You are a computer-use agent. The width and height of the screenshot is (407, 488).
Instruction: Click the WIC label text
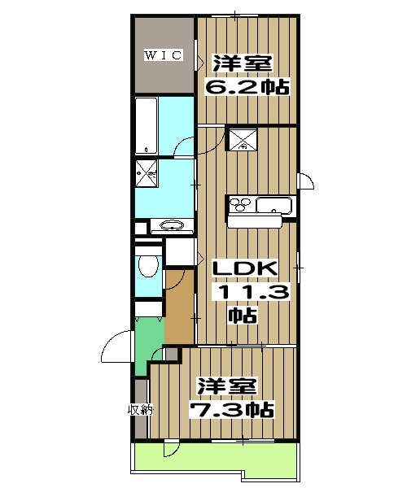pyautogui.click(x=163, y=55)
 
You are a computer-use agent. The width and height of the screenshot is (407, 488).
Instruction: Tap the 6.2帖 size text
pyautogui.click(x=247, y=87)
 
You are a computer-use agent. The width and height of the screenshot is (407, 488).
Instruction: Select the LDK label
pyautogui.click(x=245, y=268)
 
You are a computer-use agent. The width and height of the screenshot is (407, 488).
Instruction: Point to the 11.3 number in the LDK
pyautogui.click(x=251, y=292)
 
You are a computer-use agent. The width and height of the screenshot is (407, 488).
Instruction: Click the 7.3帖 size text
pyautogui.click(x=232, y=410)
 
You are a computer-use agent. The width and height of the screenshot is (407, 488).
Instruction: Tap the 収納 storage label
pyautogui.click(x=141, y=410)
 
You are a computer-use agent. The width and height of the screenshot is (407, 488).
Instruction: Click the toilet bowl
pyautogui.click(x=148, y=265)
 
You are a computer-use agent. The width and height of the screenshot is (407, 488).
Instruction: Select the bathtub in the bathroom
pyautogui.click(x=147, y=125)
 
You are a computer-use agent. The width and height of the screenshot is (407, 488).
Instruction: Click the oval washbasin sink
pyautogui.click(x=171, y=225)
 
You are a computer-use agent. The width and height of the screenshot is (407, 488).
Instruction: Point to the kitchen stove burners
pyautogui.click(x=240, y=204)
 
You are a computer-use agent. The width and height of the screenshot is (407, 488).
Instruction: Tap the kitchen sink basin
pyautogui.click(x=274, y=206)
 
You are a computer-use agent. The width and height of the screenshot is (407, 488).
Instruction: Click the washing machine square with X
pyautogui.click(x=147, y=174)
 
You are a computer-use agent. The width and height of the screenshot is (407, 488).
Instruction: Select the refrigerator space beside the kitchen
pyautogui.click(x=243, y=139)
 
